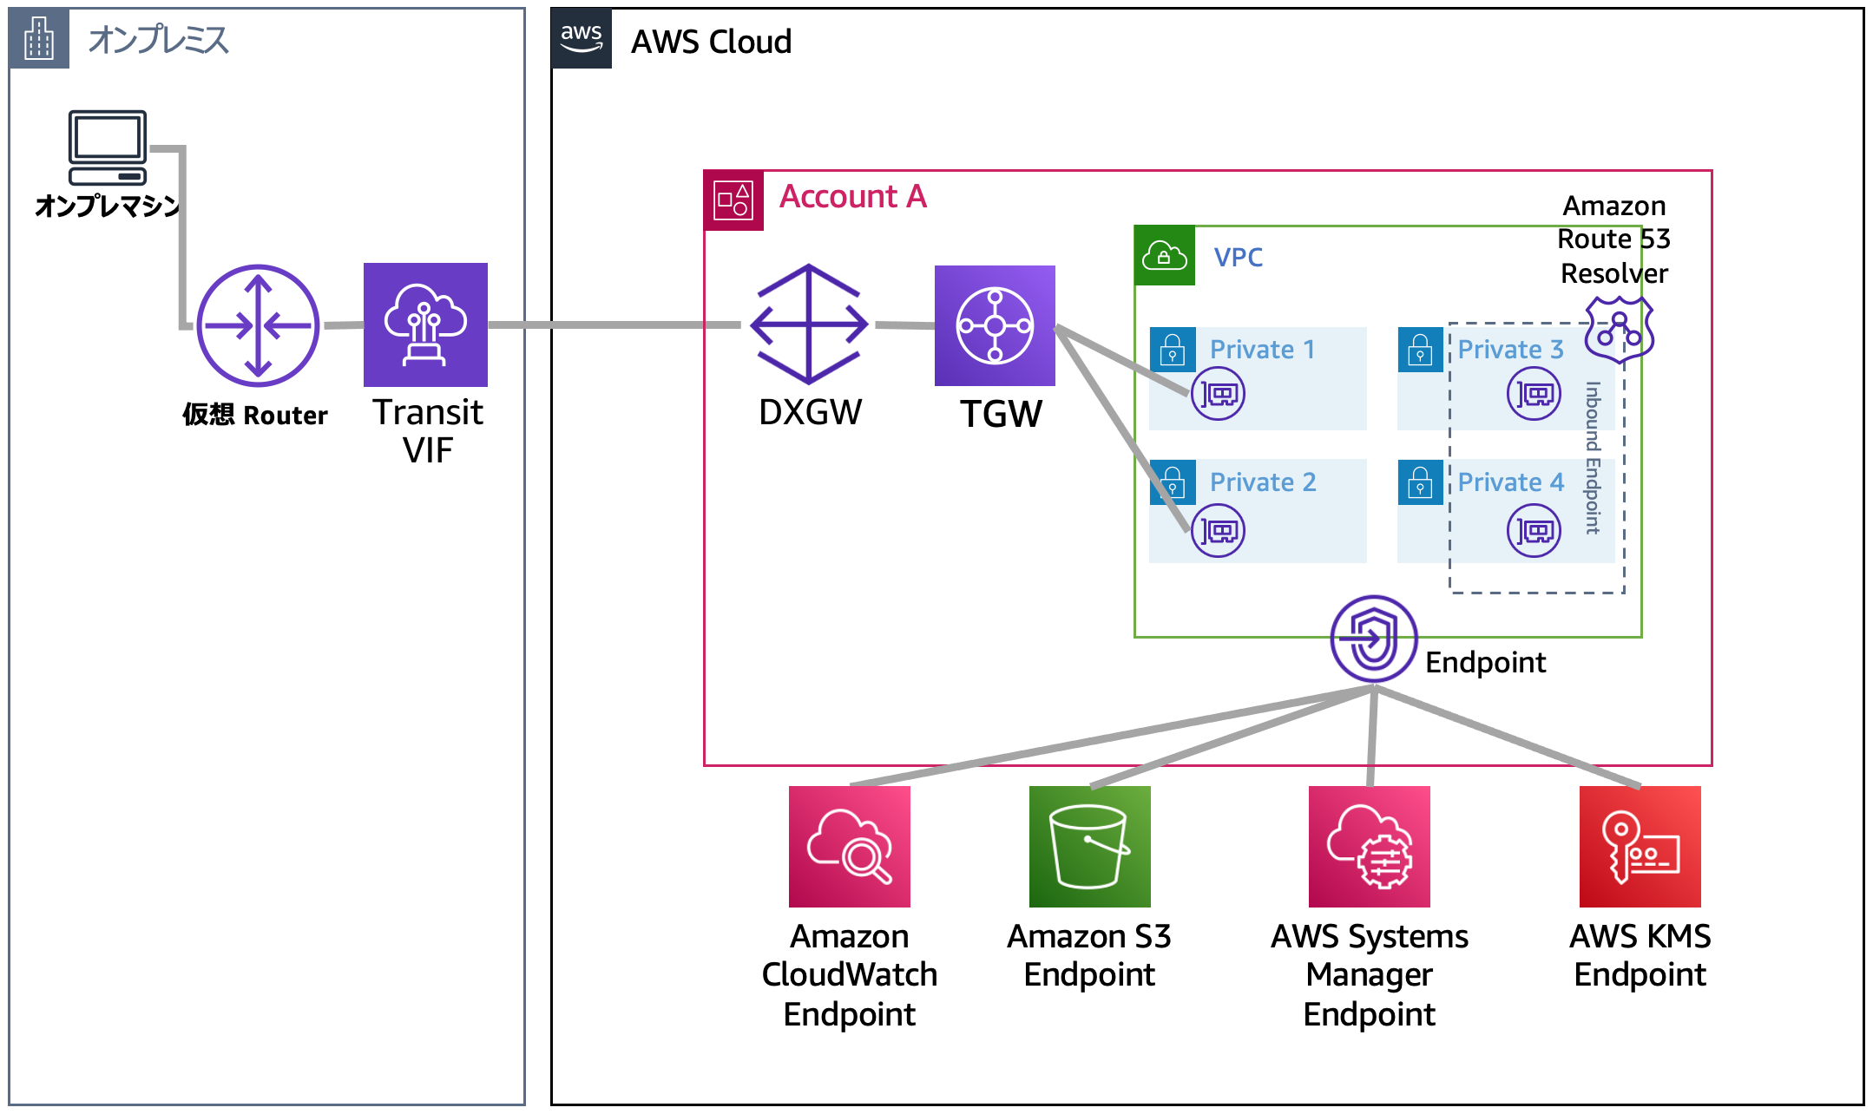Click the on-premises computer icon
point(108,147)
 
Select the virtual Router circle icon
point(258,326)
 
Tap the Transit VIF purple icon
point(425,324)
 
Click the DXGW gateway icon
point(809,324)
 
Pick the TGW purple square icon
point(995,325)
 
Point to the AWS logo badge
point(582,38)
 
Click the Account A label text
point(852,197)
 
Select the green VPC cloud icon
point(1165,256)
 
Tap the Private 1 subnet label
point(1262,349)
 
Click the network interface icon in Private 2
point(1219,530)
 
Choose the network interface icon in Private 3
point(1534,394)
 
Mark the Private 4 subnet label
point(1510,482)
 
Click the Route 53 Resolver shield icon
point(1619,329)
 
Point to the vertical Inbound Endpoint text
point(1593,457)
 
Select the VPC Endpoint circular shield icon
point(1373,639)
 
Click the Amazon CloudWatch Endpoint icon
point(849,847)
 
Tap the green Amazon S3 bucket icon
point(1089,847)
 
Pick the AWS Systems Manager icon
point(1369,847)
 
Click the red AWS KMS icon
point(1640,847)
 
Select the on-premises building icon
point(39,38)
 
